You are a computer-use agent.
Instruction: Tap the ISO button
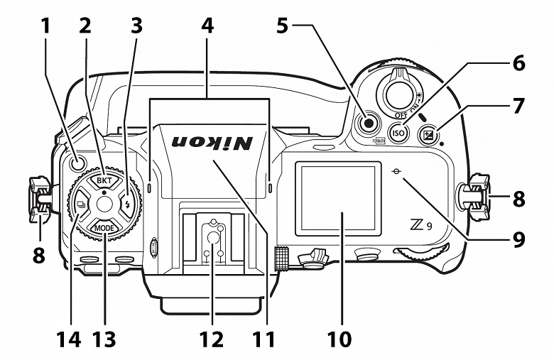tap(398, 131)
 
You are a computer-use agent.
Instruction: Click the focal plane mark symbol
tap(402, 170)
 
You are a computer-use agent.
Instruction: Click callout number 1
tap(45, 26)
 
